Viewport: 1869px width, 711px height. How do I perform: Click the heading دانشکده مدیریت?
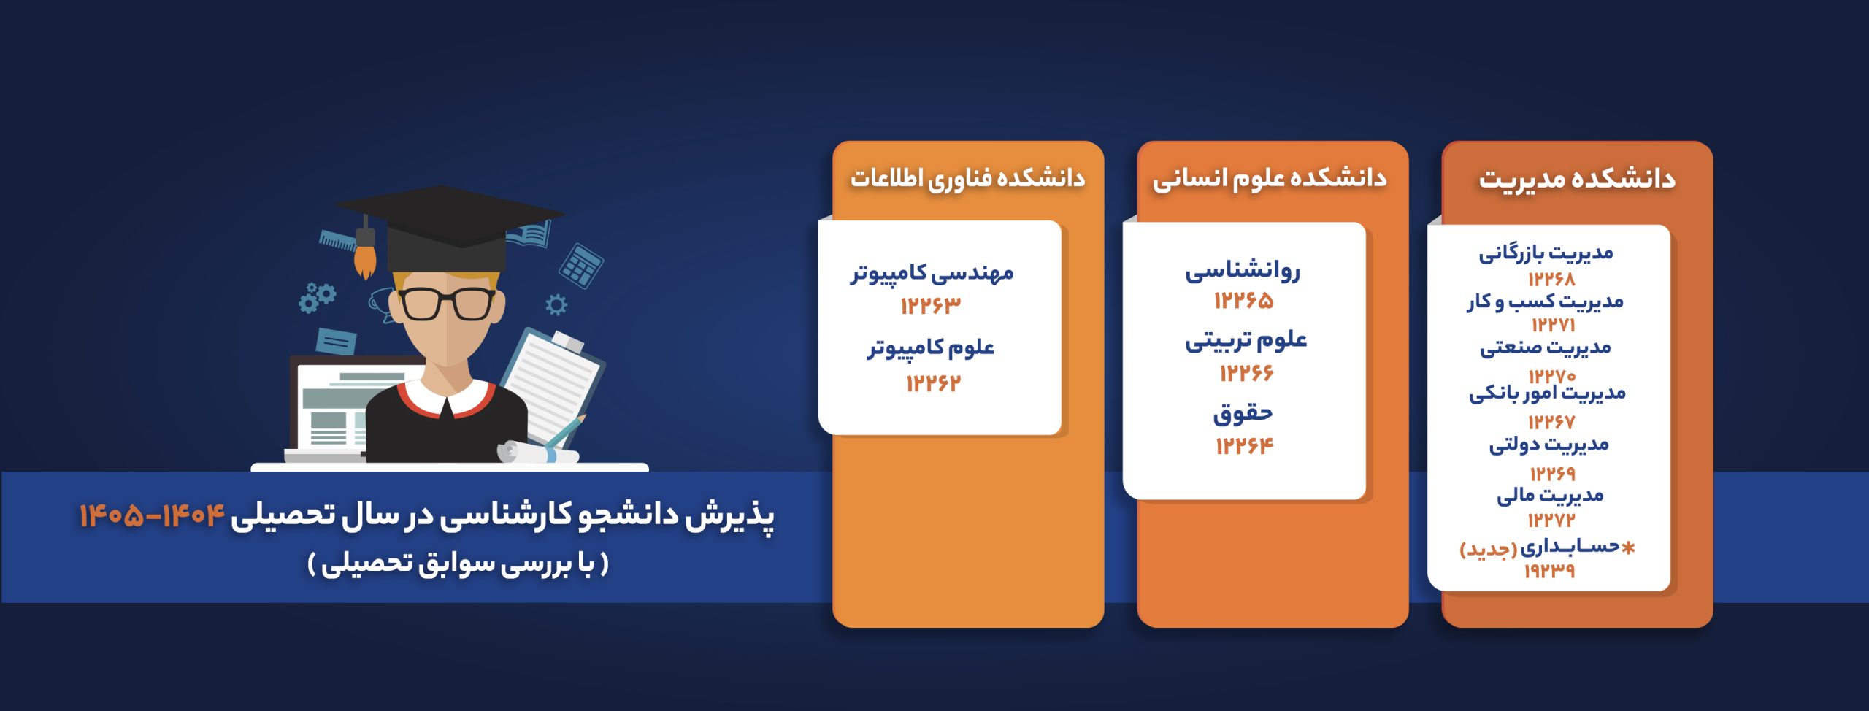coord(1577,179)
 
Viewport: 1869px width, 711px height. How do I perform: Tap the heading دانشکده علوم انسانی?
coord(1270,178)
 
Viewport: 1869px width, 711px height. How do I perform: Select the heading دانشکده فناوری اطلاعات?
coord(967,178)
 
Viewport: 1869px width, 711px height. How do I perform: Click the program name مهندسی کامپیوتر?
coord(932,273)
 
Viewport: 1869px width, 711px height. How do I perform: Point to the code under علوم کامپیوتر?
coord(933,383)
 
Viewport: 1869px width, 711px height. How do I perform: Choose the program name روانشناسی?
coord(1243,271)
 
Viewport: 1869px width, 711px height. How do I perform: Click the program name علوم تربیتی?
coord(1246,340)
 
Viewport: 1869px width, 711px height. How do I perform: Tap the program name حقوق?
coord(1243,413)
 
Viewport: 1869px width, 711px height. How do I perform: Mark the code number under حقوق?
coord(1244,446)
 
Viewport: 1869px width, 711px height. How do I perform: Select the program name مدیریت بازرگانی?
coord(1546,253)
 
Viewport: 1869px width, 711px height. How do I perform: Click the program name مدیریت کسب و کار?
coord(1545,301)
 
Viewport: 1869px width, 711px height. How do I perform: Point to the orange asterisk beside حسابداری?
coord(1627,547)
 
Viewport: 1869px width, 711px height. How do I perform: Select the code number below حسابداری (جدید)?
coord(1549,572)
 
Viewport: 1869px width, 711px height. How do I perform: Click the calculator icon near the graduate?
coord(581,266)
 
